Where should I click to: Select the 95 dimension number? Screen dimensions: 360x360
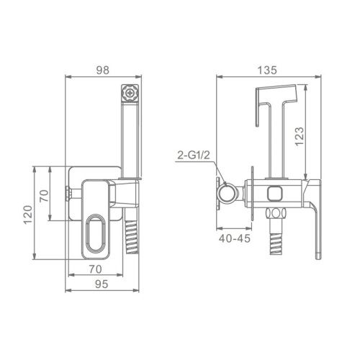coord(102,284)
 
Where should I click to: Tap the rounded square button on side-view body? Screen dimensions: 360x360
coord(274,194)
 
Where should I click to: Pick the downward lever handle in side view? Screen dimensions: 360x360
coord(315,223)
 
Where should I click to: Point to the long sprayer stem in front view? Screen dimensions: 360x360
coord(128,140)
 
